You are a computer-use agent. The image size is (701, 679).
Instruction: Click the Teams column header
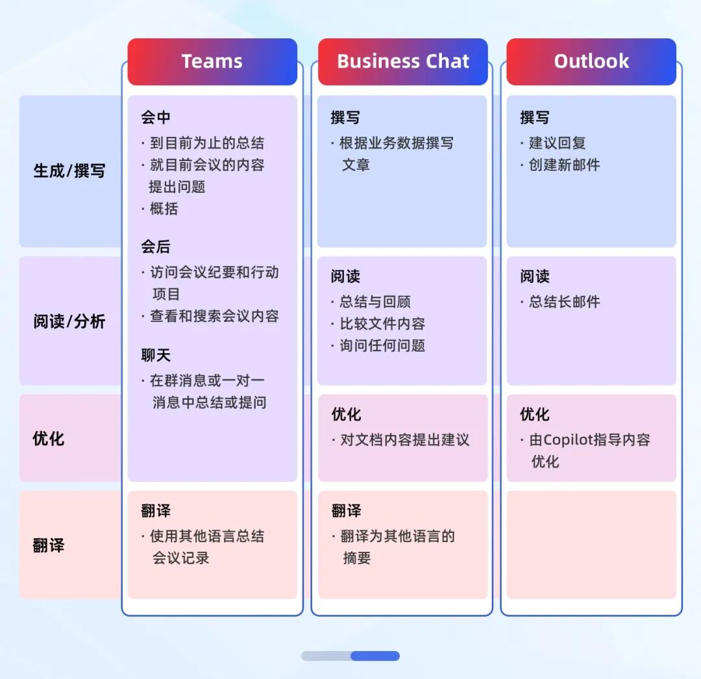(x=212, y=62)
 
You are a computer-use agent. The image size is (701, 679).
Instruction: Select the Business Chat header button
(x=402, y=62)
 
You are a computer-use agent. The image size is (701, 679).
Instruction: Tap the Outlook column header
(x=591, y=62)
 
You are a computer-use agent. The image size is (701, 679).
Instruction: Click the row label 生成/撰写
(x=69, y=171)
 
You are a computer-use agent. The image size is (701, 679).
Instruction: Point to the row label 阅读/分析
(x=69, y=321)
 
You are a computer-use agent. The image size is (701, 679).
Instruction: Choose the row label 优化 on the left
(x=49, y=438)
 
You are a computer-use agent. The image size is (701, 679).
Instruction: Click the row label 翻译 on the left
(x=49, y=545)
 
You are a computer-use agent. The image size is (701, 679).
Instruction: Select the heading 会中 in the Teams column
(x=156, y=117)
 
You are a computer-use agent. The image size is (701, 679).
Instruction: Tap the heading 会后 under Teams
(x=156, y=247)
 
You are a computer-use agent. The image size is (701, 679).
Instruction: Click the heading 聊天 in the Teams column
(x=156, y=355)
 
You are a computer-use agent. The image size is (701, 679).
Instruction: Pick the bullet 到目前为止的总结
(x=206, y=143)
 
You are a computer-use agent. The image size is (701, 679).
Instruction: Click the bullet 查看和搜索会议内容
(x=214, y=316)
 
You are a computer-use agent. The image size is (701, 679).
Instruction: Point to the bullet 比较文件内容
(x=382, y=323)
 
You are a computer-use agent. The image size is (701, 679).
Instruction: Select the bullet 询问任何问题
(x=382, y=345)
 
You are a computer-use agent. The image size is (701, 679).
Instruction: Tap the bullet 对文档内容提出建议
(x=404, y=439)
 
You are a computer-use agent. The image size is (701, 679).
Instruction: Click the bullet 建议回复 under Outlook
(x=557, y=143)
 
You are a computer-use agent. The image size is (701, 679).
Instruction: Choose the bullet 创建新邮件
(x=564, y=165)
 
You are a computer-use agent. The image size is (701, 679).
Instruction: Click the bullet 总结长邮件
(x=564, y=301)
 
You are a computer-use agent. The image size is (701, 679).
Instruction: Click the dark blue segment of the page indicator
(x=375, y=656)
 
